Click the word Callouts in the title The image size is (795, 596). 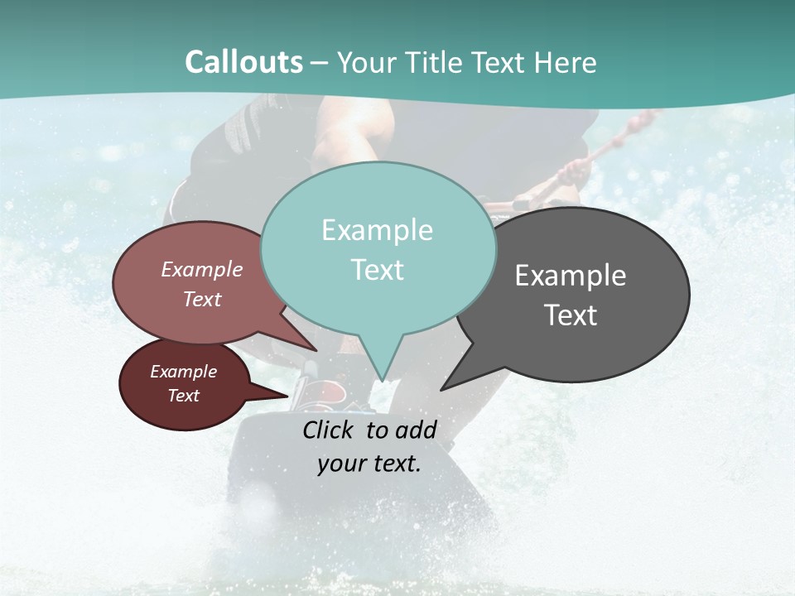click(x=244, y=62)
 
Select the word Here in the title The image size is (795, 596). click(x=566, y=62)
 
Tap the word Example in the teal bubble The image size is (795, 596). click(x=377, y=230)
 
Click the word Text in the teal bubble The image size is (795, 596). click(x=378, y=270)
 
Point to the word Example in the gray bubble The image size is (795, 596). click(x=571, y=276)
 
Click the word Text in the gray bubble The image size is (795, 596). click(x=571, y=315)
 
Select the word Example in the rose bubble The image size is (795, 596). click(x=202, y=269)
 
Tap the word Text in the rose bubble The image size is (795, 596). click(x=202, y=299)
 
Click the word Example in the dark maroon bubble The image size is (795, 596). click(x=184, y=372)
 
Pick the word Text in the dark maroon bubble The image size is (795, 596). click(x=184, y=396)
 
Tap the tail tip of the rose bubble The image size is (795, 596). click(x=316, y=350)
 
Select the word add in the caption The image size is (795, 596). click(x=416, y=430)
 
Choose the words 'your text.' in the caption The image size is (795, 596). click(x=369, y=464)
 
